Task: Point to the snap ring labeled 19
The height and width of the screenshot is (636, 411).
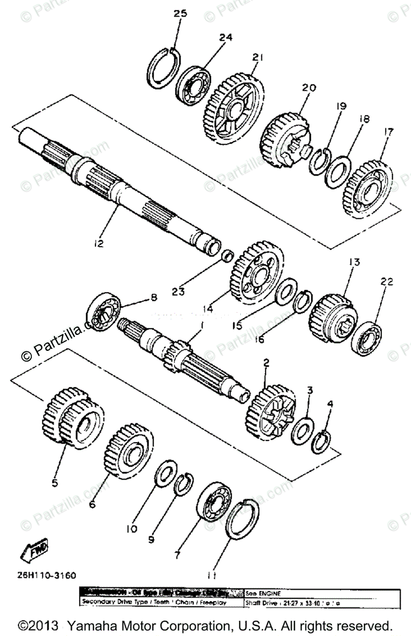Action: (320, 160)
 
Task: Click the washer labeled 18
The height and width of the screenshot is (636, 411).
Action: (337, 171)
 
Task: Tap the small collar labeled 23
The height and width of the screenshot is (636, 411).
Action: (227, 256)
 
